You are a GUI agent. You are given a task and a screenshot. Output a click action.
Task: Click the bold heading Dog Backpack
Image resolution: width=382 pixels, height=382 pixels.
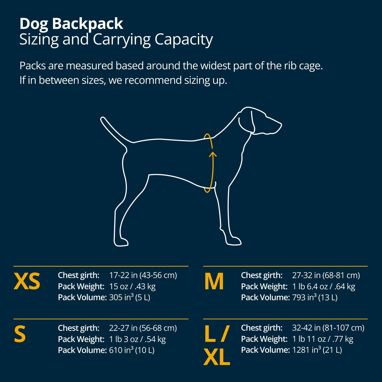(x=71, y=24)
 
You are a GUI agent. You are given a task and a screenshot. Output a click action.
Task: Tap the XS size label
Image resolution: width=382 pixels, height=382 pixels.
(x=27, y=281)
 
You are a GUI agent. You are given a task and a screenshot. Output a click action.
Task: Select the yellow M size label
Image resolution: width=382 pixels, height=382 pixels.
(x=214, y=281)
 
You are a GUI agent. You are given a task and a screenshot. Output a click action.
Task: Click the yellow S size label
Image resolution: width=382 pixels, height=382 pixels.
(x=20, y=334)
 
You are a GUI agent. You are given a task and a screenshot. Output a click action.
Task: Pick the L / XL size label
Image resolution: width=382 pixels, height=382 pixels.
(x=217, y=345)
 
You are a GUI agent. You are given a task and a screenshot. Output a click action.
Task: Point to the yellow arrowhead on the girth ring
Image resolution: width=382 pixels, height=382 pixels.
(x=213, y=154)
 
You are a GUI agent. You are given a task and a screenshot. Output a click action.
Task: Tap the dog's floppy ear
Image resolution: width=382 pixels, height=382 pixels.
(x=246, y=121)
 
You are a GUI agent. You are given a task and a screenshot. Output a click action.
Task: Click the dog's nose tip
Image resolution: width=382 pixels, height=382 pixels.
(x=280, y=125)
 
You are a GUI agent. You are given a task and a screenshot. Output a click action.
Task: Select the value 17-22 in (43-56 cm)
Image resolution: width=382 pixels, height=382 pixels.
(x=143, y=275)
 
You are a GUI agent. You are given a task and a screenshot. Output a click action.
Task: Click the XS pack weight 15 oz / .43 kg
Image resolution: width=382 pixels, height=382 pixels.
(x=132, y=286)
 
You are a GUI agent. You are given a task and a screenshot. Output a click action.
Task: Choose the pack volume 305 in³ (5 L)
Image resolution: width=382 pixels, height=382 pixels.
(x=130, y=297)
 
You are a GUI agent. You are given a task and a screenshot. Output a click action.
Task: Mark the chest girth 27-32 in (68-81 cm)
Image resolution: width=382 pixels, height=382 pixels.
(x=326, y=275)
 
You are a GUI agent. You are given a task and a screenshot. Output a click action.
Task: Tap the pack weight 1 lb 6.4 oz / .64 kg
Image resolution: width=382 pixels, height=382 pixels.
(x=323, y=286)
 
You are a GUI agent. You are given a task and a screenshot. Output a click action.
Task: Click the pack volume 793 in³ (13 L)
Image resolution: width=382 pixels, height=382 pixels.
(x=315, y=297)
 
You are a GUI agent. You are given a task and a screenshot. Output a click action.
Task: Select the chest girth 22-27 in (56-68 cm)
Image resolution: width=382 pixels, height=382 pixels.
(x=143, y=328)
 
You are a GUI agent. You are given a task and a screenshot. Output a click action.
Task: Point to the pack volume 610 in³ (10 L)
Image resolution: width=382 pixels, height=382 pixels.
(x=132, y=350)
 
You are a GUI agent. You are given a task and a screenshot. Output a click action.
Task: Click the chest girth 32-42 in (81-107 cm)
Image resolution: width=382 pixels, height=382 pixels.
(x=328, y=328)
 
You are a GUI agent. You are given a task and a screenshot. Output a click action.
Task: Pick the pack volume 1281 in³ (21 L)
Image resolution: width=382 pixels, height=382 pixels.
(x=317, y=350)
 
